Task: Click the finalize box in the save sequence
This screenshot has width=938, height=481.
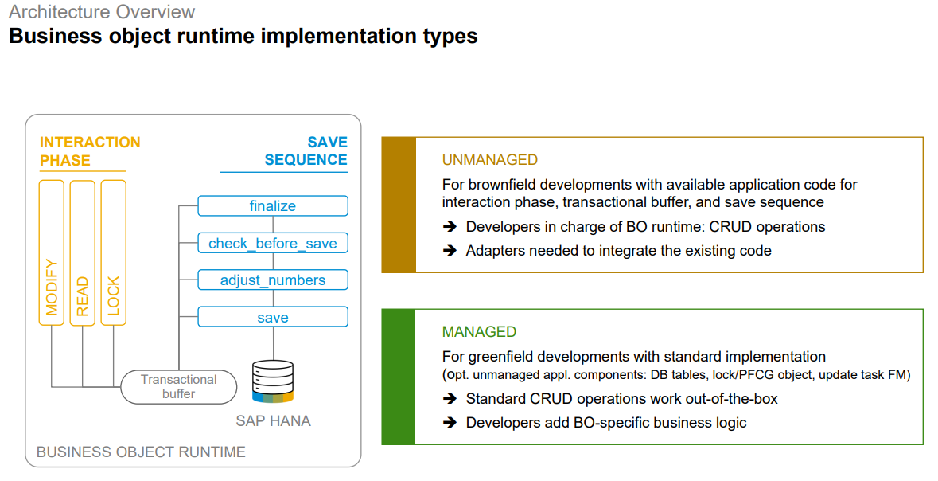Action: pyautogui.click(x=272, y=206)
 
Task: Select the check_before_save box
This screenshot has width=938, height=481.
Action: pyautogui.click(x=272, y=243)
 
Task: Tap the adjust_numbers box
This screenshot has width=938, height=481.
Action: pyautogui.click(x=272, y=280)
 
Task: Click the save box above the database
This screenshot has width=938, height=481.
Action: pyautogui.click(x=272, y=317)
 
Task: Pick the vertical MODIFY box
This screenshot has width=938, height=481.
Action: pyautogui.click(x=52, y=252)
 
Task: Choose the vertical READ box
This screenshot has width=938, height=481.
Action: pyautogui.click(x=83, y=252)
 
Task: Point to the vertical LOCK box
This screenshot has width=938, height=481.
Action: pyautogui.click(x=114, y=252)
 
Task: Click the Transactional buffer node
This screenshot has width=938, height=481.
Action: pyautogui.click(x=179, y=387)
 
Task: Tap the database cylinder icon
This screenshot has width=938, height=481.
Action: pyautogui.click(x=273, y=381)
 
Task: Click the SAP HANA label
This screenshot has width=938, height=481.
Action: pyautogui.click(x=273, y=420)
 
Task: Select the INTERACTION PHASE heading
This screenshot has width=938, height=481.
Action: pyautogui.click(x=90, y=151)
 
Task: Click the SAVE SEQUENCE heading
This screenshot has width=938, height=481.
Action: pyautogui.click(x=306, y=151)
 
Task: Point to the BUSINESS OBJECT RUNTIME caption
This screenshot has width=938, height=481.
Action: pyautogui.click(x=141, y=452)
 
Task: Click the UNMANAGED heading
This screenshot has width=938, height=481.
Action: pyautogui.click(x=490, y=160)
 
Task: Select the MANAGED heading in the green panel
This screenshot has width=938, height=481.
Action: pyautogui.click(x=479, y=332)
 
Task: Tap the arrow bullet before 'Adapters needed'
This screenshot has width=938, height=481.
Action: pyautogui.click(x=450, y=251)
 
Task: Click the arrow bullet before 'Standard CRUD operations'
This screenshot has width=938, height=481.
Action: pyautogui.click(x=450, y=399)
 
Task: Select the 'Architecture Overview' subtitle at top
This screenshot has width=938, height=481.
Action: pyautogui.click(x=102, y=12)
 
